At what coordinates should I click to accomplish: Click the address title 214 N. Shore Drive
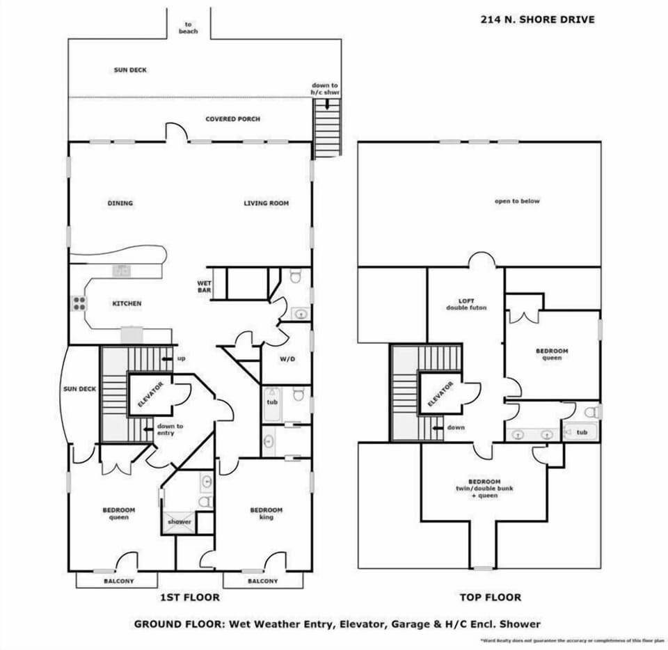coord(537,19)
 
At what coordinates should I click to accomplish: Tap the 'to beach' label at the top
coord(188,28)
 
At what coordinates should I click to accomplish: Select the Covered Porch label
coord(232,119)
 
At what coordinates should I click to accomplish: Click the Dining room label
coord(120,203)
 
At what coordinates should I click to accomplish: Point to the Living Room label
coord(266,203)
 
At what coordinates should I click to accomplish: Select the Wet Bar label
coord(204,287)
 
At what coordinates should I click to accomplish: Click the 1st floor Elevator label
coord(150,395)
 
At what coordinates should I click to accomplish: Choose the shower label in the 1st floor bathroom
coord(178,521)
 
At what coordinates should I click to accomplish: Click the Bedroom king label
coord(266,514)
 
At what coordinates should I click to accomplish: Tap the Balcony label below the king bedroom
coord(262,581)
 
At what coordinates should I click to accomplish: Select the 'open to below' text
coord(517,201)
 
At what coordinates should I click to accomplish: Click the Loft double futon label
coord(466,304)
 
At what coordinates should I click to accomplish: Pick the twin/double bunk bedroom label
coord(484,489)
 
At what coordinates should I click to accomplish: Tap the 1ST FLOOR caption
coord(190,597)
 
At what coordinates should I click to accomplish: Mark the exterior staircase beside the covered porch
coord(327,127)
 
